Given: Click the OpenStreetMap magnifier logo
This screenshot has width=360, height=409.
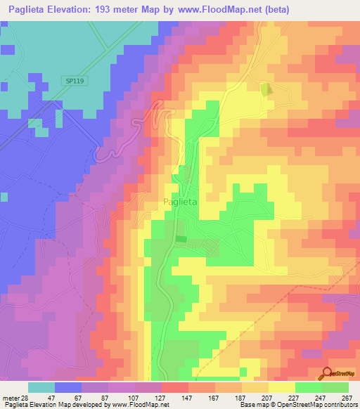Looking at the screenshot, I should pyautogui.click(x=326, y=374).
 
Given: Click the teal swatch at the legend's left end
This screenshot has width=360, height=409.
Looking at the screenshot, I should pyautogui.click(x=41, y=387).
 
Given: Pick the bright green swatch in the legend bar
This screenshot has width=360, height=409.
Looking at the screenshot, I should pyautogui.click(x=309, y=387).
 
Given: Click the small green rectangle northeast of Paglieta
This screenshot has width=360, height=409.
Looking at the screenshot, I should pyautogui.click(x=266, y=89).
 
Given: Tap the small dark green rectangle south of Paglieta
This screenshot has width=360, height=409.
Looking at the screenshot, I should pyautogui.click(x=181, y=240).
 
